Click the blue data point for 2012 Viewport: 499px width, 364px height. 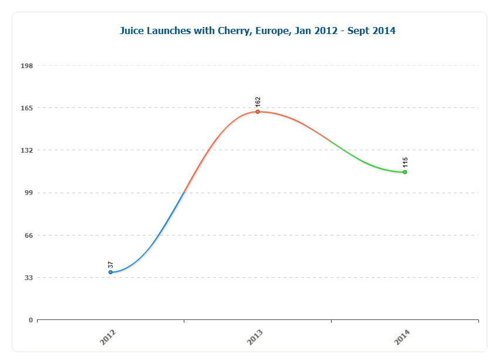(x=110, y=272)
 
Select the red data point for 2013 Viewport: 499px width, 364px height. (x=258, y=112)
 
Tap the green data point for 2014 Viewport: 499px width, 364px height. (x=405, y=172)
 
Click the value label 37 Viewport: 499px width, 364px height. (x=110, y=265)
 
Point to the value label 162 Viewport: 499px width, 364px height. (x=258, y=102)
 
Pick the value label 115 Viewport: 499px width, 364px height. (x=405, y=163)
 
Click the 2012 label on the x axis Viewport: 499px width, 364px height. (x=108, y=337)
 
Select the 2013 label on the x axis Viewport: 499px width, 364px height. (x=255, y=337)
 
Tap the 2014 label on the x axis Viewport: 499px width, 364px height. (x=402, y=337)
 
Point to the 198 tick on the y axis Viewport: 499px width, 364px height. (x=27, y=66)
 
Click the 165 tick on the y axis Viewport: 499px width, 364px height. (x=27, y=108)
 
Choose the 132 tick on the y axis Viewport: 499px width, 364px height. (x=27, y=150)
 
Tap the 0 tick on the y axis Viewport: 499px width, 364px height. (x=31, y=320)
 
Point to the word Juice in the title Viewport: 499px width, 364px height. (x=133, y=31)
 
